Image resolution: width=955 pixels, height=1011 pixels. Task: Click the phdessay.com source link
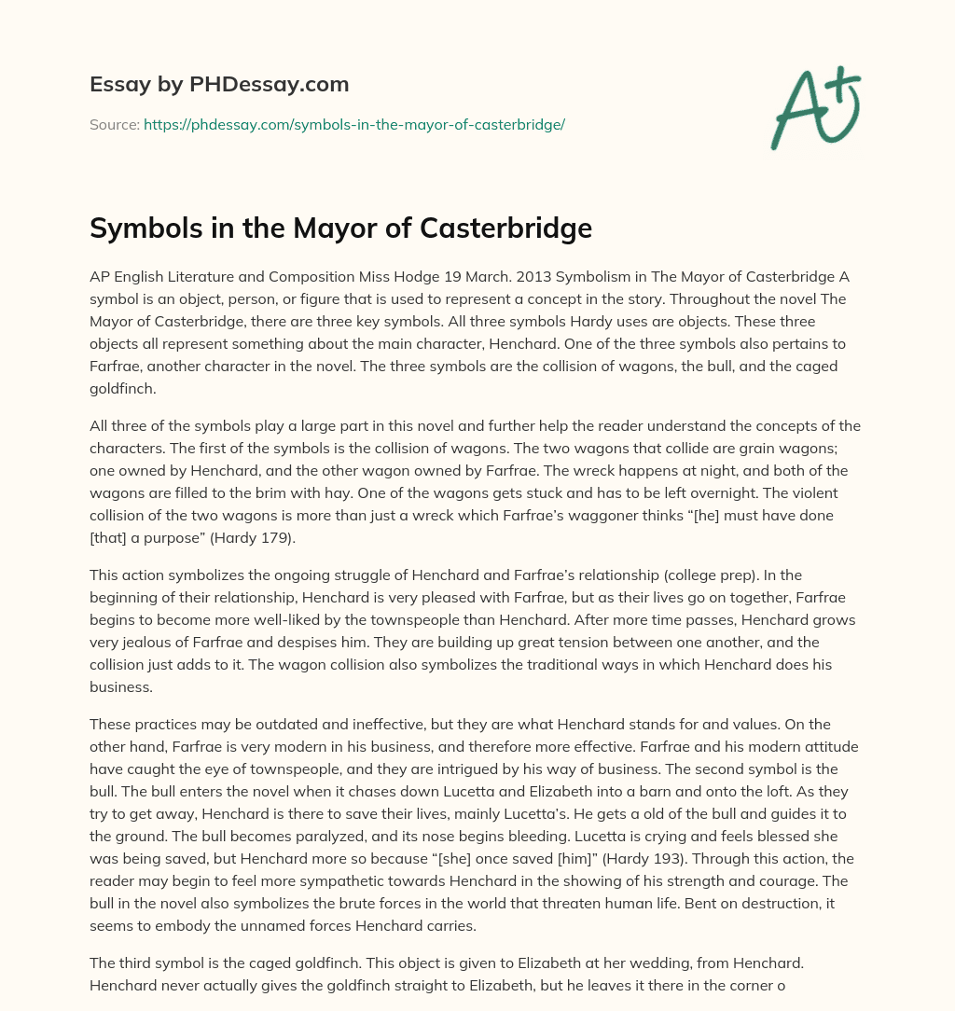tap(354, 124)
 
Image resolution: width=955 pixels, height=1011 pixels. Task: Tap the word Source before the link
tap(113, 124)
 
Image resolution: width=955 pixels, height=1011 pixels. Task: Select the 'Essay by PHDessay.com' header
tap(219, 85)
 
